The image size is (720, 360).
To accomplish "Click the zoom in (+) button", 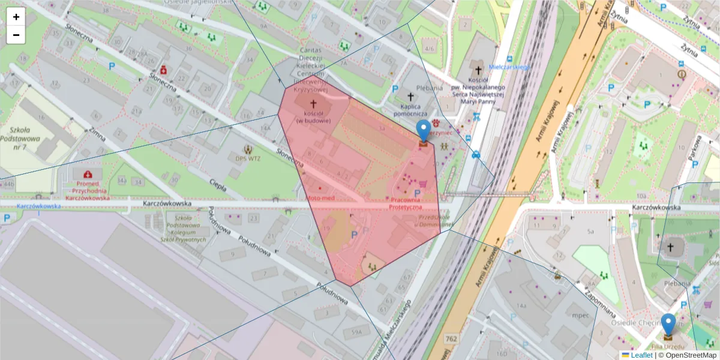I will pyautogui.click(x=16, y=17).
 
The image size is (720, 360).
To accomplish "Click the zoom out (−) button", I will pyautogui.click(x=16, y=35).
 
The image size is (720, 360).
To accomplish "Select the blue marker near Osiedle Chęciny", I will pyautogui.click(x=668, y=326).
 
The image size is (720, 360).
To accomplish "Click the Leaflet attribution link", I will pyautogui.click(x=641, y=355).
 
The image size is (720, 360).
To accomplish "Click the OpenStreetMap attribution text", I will pyautogui.click(x=688, y=355).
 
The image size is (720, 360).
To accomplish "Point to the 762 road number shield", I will pyautogui.click(x=451, y=340).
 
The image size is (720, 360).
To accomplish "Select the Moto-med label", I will pyautogui.click(x=320, y=197).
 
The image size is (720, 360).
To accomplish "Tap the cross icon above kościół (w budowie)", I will pyautogui.click(x=313, y=103).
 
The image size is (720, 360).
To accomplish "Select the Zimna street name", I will pyautogui.click(x=98, y=137).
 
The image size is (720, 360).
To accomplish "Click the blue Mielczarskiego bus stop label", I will pyautogui.click(x=509, y=67).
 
